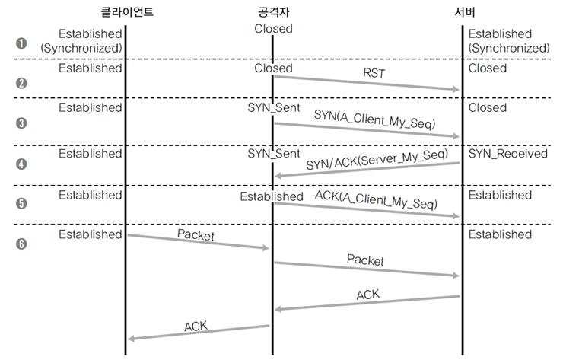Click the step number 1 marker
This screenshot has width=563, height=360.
21,43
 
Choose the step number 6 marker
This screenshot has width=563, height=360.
21,244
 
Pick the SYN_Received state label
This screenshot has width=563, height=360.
507,154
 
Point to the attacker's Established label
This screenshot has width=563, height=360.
272,196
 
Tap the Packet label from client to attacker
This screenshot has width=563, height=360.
196,235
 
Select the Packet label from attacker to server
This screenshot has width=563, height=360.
365,260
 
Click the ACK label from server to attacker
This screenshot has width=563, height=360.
367,294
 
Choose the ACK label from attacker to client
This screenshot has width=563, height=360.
196,327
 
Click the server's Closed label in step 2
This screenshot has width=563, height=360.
487,68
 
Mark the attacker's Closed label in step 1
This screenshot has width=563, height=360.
273,29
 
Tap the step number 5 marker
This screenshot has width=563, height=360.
21,204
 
